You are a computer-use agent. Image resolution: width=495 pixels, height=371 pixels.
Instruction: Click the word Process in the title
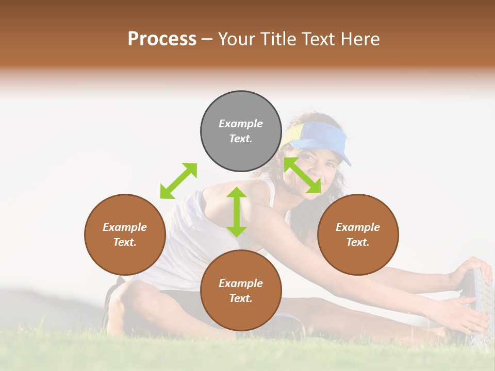pos(162,39)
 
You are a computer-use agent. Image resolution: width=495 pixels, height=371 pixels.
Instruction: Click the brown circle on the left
pos(125,234)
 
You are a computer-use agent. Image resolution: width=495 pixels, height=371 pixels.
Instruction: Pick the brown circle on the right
pos(358,234)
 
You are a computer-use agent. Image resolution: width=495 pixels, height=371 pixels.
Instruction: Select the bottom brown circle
pos(241,290)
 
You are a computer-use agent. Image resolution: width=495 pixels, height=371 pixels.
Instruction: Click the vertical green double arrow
pos(237,212)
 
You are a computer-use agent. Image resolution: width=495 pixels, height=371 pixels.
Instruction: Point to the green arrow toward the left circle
pos(178,180)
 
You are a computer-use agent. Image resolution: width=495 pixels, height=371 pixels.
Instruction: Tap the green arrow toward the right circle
pos(303,175)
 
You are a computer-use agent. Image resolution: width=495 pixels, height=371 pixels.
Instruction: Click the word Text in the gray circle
pos(240,139)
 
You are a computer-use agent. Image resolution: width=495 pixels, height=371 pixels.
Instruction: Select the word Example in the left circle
pos(125,227)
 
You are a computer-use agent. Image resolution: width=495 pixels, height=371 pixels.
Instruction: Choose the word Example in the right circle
pos(358,227)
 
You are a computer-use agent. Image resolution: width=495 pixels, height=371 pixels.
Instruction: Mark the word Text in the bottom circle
pos(240,298)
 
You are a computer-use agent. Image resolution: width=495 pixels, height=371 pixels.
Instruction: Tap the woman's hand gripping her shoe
pos(467,273)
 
